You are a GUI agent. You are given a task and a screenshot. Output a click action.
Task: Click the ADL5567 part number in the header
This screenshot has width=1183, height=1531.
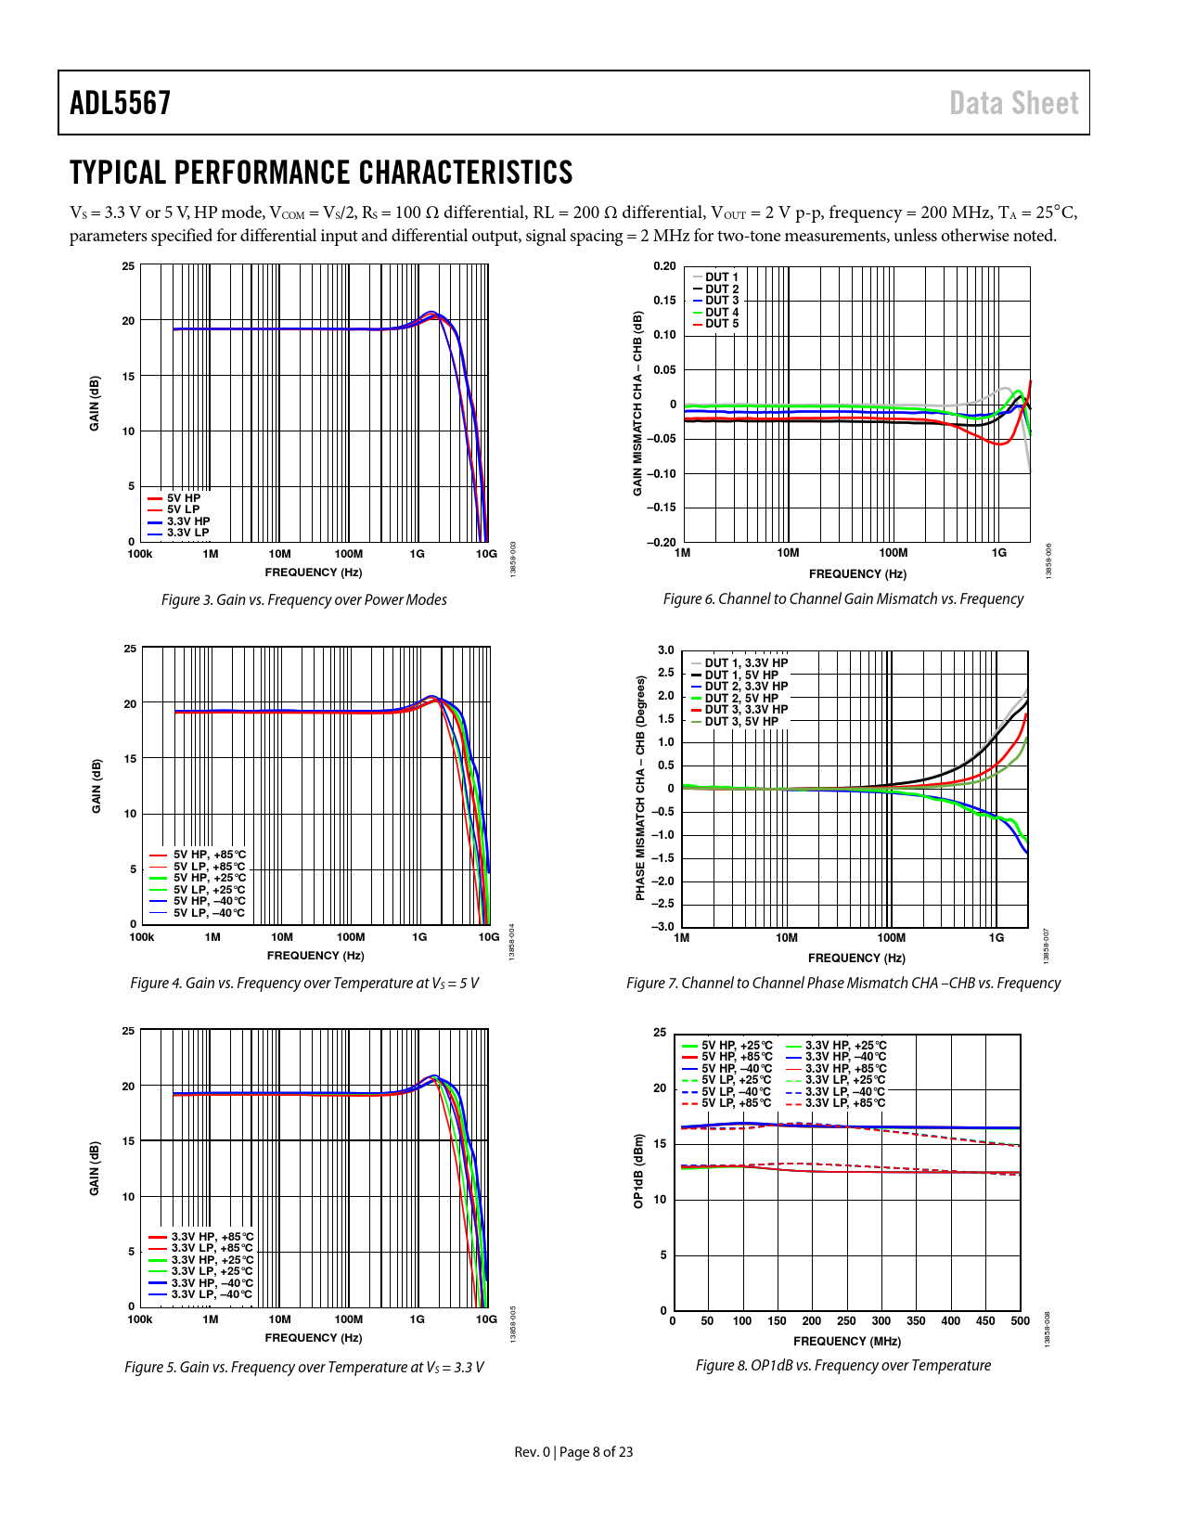121,103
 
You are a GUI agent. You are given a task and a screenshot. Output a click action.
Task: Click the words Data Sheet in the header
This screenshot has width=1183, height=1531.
1013,103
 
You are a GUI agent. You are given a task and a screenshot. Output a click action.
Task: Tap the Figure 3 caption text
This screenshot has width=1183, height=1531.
304,599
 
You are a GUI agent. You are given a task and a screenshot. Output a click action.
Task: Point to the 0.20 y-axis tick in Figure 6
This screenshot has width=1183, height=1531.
664,266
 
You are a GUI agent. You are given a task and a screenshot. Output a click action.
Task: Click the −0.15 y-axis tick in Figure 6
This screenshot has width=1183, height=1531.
662,508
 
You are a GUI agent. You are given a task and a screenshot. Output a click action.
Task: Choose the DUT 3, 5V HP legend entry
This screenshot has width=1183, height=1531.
740,722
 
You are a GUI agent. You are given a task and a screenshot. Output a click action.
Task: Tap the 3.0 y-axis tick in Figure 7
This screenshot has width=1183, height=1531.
666,650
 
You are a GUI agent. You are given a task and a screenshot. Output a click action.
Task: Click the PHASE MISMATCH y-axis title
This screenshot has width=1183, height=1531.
640,788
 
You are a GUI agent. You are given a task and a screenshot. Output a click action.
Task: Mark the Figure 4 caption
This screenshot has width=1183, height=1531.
304,983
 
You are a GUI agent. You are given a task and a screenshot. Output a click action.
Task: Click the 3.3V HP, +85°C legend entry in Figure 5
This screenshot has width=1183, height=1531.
212,1237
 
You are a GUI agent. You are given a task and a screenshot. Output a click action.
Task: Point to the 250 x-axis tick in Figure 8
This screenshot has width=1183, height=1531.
846,1321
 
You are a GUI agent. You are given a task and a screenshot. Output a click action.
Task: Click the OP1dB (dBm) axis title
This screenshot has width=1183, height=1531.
638,1171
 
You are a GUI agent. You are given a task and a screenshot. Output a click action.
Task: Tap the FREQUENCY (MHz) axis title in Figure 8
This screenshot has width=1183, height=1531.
846,1341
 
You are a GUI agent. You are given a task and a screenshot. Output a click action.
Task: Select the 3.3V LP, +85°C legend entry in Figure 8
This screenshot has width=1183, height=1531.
844,1103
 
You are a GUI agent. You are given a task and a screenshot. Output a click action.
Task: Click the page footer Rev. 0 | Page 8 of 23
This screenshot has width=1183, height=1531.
573,1451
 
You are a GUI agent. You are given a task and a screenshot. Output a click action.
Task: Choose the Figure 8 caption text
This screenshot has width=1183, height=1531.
842,1365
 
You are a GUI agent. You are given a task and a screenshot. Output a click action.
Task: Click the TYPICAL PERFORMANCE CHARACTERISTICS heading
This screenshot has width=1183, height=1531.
321,173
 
